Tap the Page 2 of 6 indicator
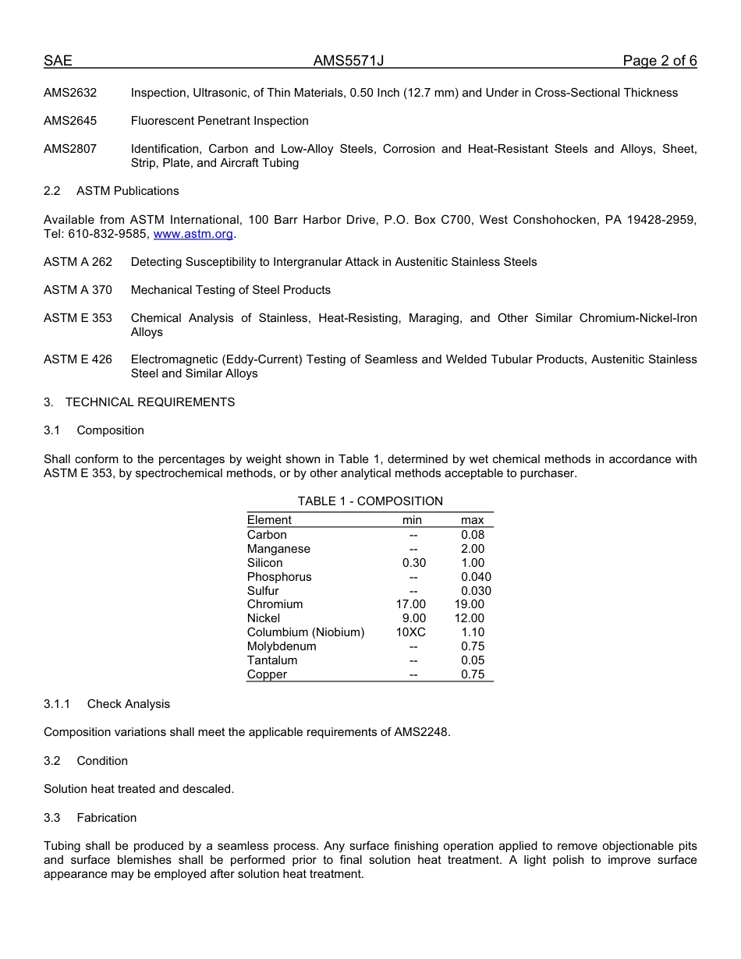659,62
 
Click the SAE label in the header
58,62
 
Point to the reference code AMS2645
70,121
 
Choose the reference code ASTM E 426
78,359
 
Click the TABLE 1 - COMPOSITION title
370,501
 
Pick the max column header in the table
472,520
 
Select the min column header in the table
412,520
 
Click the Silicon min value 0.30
414,563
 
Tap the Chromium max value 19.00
470,604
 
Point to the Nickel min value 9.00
414,618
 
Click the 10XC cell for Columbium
411,632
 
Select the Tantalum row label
272,660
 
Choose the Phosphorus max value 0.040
476,577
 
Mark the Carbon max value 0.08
473,535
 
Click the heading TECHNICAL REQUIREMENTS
150,402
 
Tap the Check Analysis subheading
128,704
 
